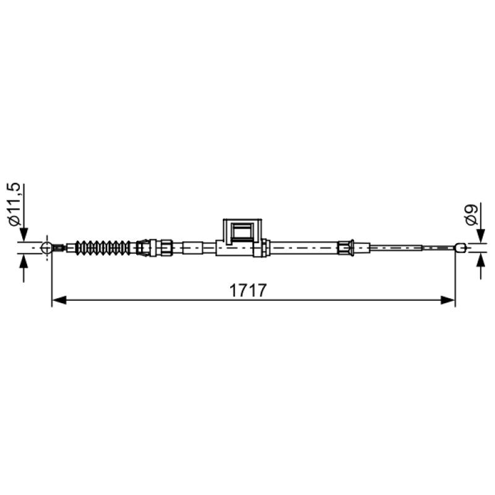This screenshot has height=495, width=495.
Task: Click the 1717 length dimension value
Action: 248,290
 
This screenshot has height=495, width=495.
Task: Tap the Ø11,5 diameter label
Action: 14,204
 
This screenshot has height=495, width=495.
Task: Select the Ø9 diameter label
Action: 471,214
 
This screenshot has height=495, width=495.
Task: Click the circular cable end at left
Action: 47,248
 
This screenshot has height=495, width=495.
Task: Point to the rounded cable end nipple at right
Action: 460,247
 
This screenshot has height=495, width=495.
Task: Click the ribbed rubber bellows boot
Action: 102,248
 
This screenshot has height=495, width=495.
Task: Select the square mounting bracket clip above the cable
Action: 243,230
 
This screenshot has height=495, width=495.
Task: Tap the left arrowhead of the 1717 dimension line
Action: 59,299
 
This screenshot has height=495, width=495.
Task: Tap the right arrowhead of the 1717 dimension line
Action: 447,299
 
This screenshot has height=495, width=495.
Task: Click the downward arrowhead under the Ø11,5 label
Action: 24,235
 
